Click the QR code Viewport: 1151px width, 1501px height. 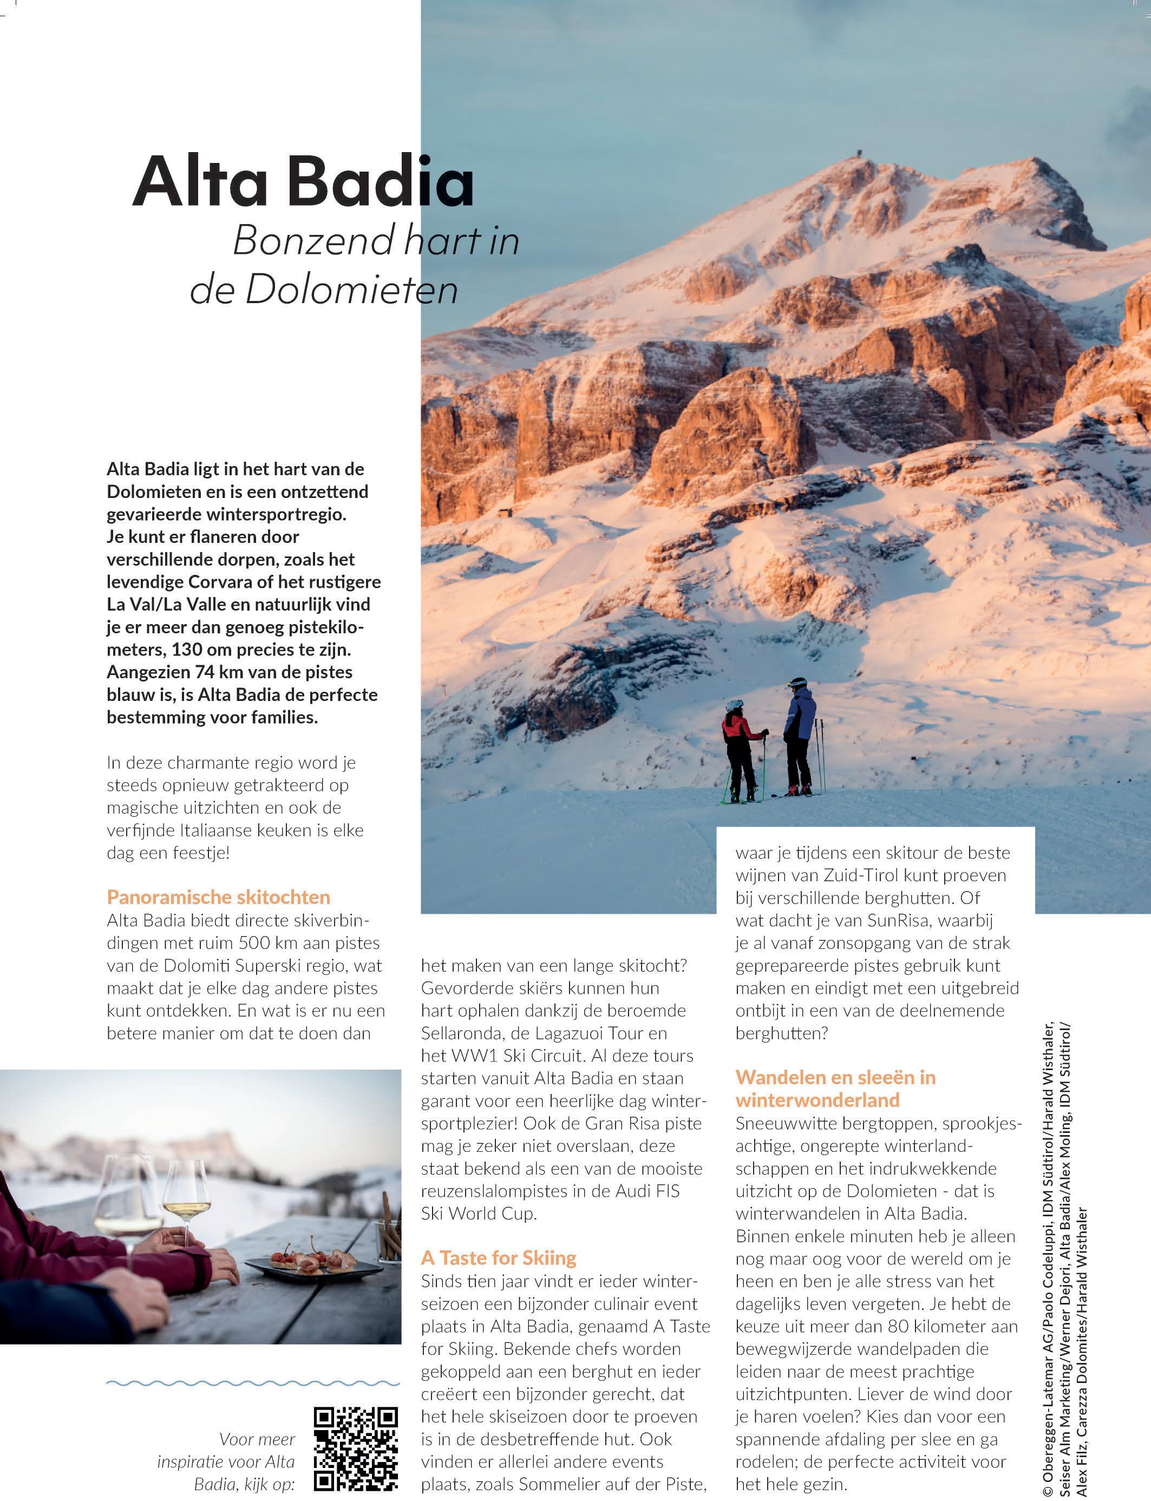click(356, 1447)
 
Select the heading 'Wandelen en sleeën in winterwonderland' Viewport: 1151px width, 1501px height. click(836, 1089)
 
